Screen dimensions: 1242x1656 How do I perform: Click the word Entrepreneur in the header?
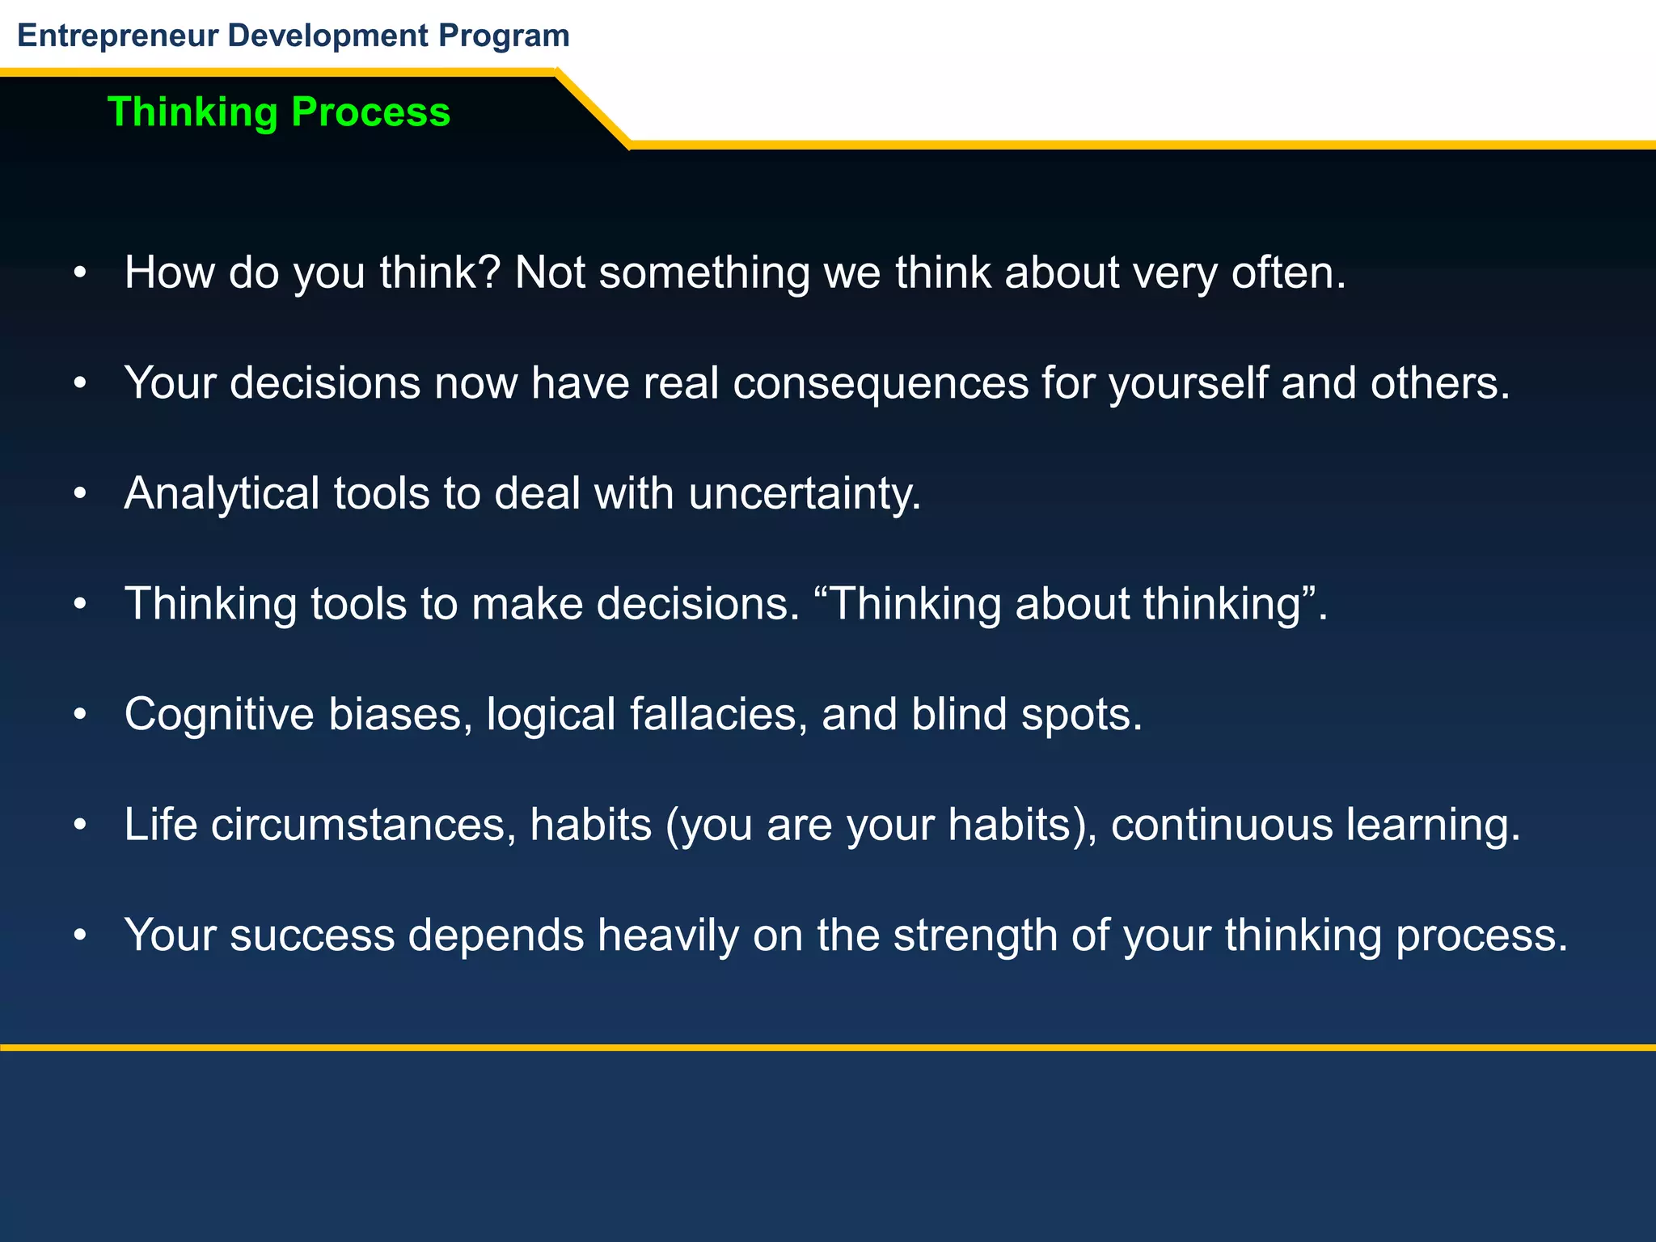118,36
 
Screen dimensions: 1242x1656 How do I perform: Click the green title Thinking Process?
279,112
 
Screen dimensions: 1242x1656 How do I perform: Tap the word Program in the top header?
504,36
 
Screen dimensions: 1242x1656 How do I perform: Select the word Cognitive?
219,715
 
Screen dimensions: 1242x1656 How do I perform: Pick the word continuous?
1221,825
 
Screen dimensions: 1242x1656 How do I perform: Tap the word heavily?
668,936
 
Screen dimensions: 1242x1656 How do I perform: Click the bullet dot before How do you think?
79,273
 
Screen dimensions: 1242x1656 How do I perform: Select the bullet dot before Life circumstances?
79,826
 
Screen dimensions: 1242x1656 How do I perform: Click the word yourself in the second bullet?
1189,383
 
